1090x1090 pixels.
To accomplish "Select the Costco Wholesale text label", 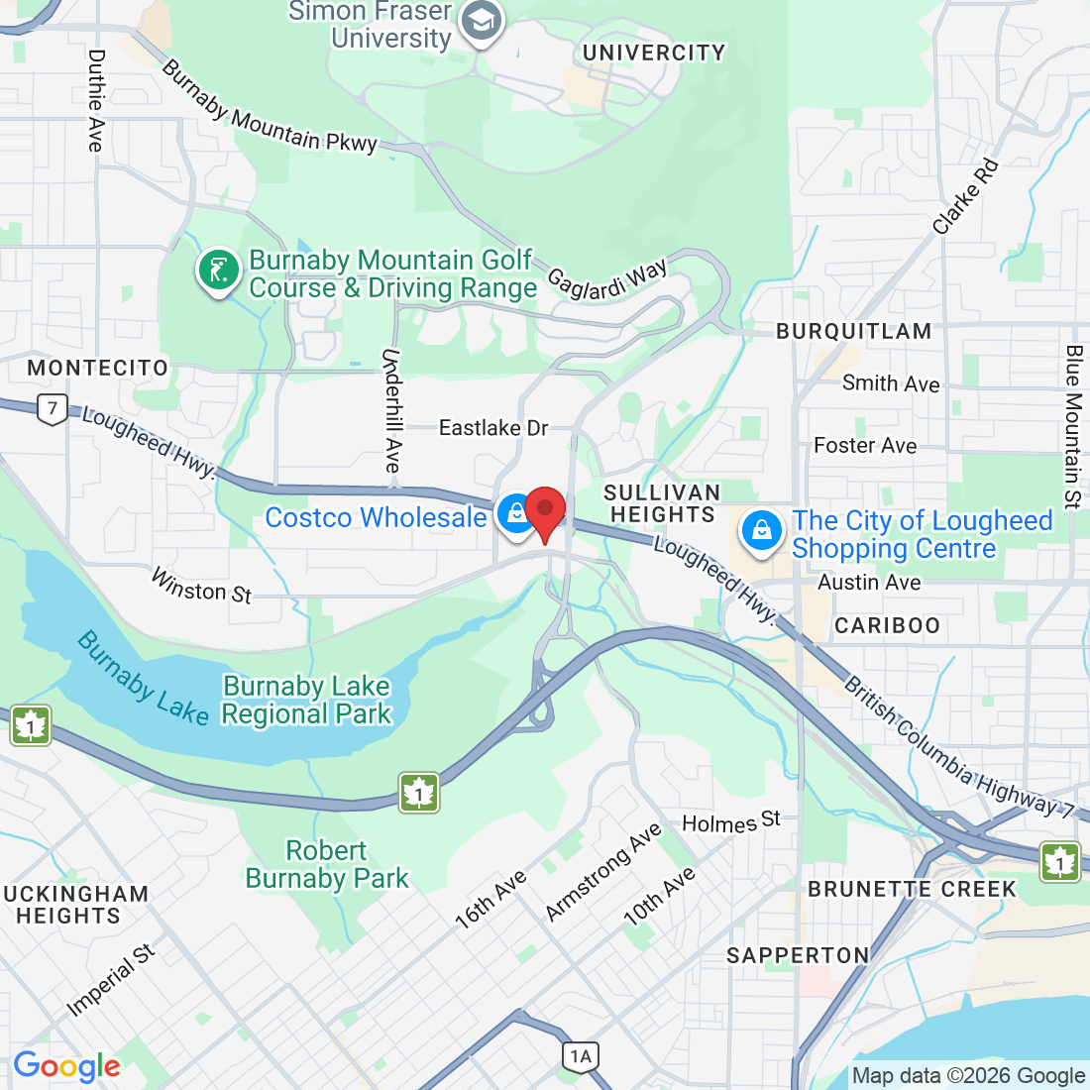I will [x=376, y=517].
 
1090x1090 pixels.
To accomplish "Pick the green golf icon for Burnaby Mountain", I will [x=219, y=270].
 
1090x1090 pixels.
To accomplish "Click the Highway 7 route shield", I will [x=53, y=408].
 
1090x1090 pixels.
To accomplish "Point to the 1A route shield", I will [x=581, y=1056].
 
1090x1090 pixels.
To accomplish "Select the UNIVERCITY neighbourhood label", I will [x=654, y=53].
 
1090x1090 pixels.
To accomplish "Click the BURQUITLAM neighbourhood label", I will [x=853, y=331].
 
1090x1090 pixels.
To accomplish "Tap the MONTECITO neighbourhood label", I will [x=98, y=368].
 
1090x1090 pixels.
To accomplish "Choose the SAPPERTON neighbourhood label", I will [x=798, y=955].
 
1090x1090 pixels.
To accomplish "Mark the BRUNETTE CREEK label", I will [x=912, y=889].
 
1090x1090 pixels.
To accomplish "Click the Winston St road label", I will [x=201, y=586].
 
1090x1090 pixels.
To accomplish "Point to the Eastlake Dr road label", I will [x=493, y=428].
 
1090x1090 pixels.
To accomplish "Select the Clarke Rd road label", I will [x=966, y=196].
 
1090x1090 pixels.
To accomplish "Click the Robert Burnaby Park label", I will [x=327, y=864].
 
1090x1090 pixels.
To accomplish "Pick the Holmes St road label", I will [x=731, y=822].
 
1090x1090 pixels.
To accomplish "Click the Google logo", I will [x=66, y=1066].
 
